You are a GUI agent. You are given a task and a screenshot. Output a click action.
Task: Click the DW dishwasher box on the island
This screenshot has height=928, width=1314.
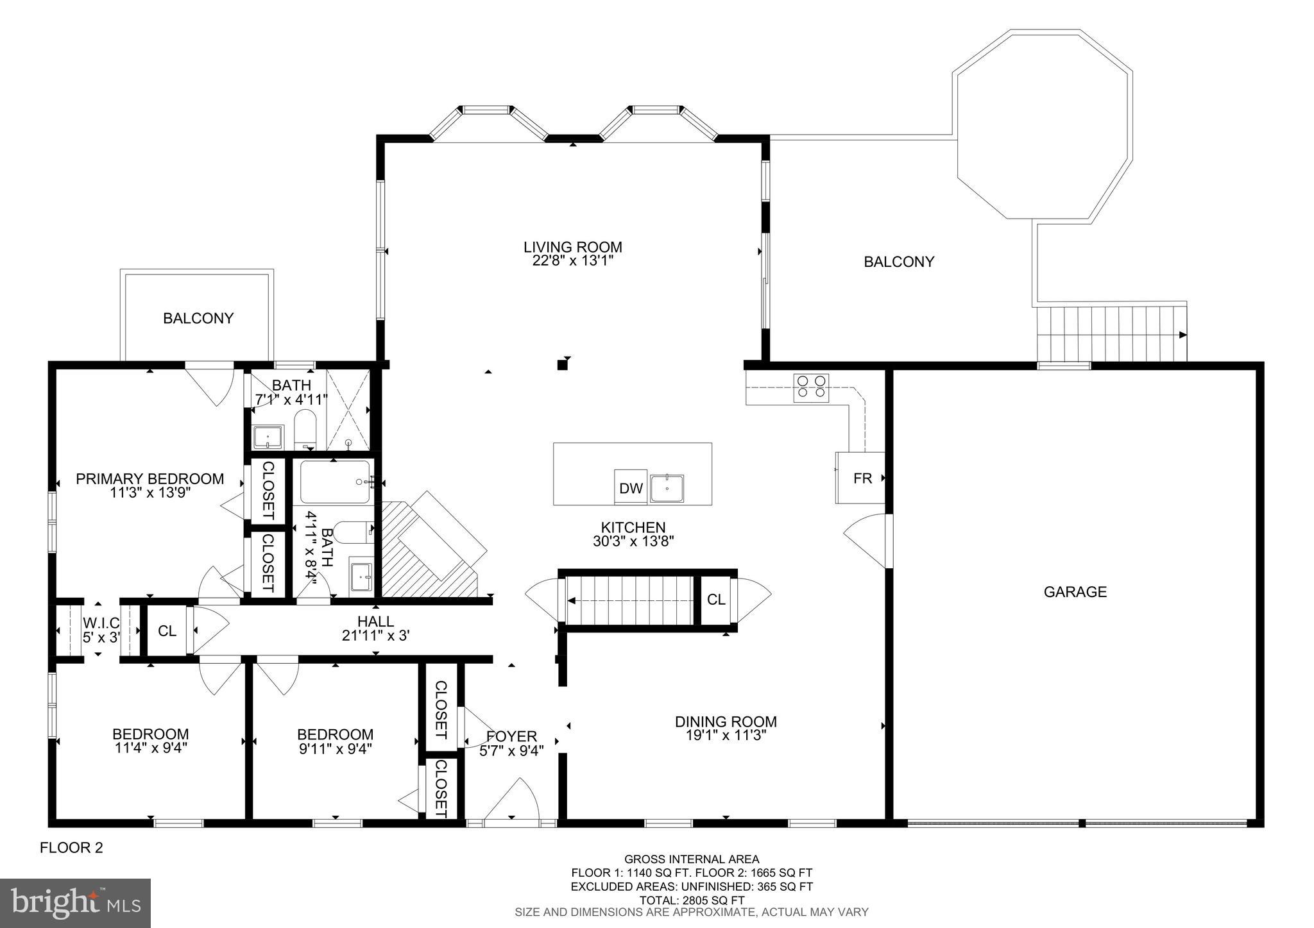[631, 488]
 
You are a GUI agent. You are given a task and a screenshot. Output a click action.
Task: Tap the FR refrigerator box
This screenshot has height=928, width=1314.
[862, 478]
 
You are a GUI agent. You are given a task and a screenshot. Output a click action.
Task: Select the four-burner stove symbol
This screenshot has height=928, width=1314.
[811, 387]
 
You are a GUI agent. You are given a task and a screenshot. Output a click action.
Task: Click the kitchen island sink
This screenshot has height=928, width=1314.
[667, 488]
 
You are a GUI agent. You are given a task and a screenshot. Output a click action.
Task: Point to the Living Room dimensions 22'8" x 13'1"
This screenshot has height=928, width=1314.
[572, 261]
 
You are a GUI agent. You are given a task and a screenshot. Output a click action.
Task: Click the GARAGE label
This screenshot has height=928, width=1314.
[1075, 592]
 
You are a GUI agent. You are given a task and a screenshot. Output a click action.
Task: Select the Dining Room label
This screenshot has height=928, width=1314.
[726, 721]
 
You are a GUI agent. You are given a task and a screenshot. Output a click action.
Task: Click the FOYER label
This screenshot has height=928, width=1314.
[511, 736]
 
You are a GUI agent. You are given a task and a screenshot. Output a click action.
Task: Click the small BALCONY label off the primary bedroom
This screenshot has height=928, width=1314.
[198, 318]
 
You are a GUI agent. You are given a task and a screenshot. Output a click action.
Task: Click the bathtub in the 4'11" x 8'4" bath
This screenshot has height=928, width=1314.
[335, 482]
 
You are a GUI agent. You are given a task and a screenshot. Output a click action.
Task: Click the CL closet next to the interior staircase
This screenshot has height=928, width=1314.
[716, 600]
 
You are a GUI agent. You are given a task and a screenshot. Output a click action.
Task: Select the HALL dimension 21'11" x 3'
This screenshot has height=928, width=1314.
[375, 636]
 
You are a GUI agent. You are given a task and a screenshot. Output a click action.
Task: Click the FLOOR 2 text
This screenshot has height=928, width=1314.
[71, 848]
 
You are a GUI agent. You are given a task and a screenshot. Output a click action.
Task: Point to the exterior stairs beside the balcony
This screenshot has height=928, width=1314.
[1111, 334]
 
